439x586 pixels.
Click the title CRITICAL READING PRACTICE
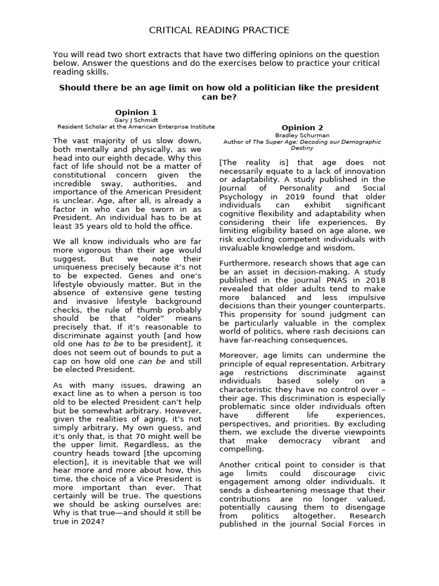coord(219,30)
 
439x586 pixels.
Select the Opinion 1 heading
coord(136,112)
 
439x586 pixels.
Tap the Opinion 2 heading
coord(302,128)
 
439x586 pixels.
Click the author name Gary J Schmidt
coord(136,120)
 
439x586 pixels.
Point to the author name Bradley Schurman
coord(302,135)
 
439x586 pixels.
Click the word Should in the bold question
coord(75,88)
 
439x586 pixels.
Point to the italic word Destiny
coord(302,148)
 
